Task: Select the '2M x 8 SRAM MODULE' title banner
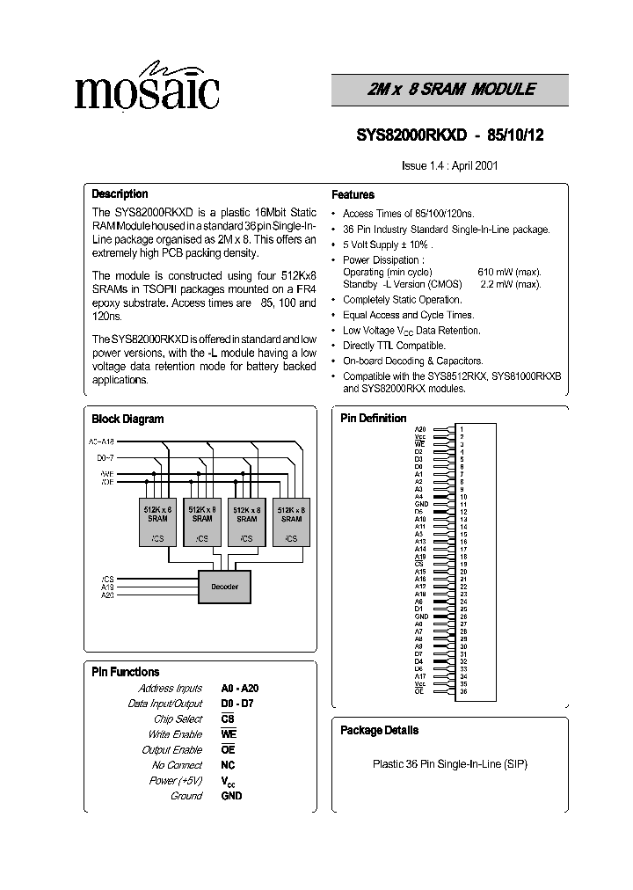point(449,90)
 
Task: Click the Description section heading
point(120,193)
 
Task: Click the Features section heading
point(353,195)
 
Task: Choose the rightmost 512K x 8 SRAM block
point(291,524)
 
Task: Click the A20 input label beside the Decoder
point(107,595)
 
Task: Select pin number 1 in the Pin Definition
point(461,427)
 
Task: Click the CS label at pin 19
point(418,564)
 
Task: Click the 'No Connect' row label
point(177,765)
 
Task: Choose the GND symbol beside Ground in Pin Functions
point(231,796)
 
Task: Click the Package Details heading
point(379,730)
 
